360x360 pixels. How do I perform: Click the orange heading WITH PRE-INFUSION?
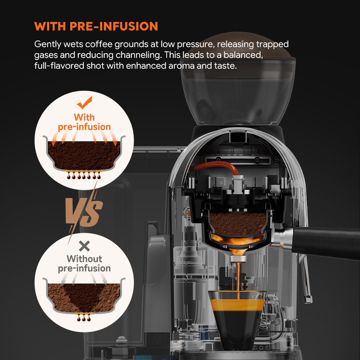(96, 26)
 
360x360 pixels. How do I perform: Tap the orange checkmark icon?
(85, 103)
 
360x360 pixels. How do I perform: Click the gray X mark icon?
(84, 246)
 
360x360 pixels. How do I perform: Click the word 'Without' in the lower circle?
(84, 259)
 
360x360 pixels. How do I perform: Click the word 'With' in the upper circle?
(84, 117)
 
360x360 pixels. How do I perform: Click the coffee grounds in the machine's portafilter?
(238, 224)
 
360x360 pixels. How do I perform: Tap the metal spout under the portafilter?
(238, 258)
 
